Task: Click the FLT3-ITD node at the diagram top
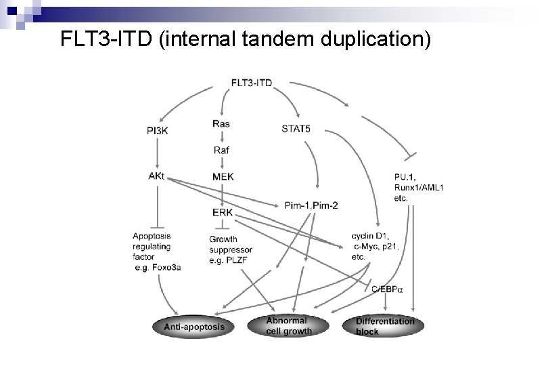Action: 252,83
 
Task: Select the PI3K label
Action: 157,130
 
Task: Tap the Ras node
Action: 221,123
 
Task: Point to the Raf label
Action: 221,150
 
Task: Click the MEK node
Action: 223,177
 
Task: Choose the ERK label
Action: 222,212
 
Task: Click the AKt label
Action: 155,176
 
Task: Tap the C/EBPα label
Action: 387,289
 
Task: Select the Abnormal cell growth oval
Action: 290,326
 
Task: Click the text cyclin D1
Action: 371,235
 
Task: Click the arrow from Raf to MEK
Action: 221,163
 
